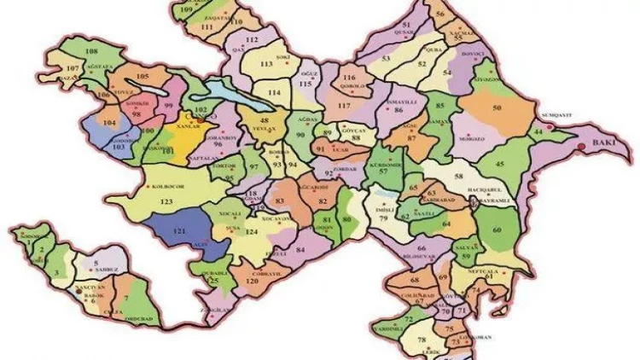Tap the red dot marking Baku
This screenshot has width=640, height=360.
pyautogui.click(x=583, y=146)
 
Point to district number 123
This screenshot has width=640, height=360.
pyautogui.click(x=166, y=201)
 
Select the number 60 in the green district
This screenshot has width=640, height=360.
pyautogui.click(x=497, y=230)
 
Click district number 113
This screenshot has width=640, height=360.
pyautogui.click(x=265, y=63)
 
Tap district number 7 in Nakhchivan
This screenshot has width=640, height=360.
pyautogui.click(x=126, y=298)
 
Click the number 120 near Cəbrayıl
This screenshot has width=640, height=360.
pyautogui.click(x=253, y=281)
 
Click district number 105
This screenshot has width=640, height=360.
pyautogui.click(x=143, y=77)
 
